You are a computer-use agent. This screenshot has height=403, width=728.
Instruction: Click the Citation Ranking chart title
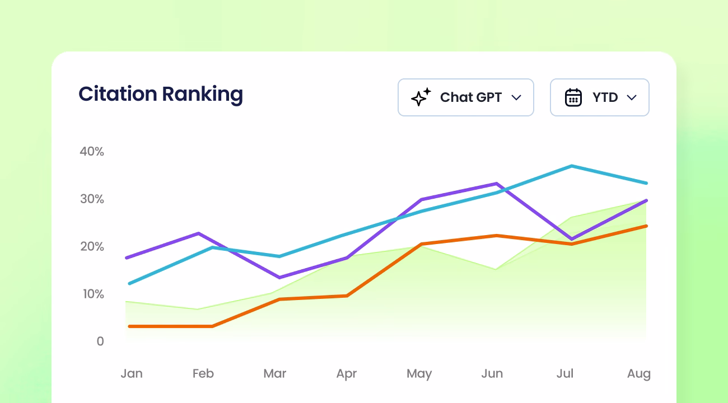click(161, 94)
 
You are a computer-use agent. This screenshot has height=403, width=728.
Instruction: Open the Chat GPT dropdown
click(465, 97)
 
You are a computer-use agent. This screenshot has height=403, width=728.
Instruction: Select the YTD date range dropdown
click(599, 97)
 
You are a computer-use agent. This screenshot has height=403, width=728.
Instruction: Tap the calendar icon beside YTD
click(573, 97)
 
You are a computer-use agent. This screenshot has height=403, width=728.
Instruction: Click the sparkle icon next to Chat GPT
click(421, 97)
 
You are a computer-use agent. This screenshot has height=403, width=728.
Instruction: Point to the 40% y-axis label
click(92, 151)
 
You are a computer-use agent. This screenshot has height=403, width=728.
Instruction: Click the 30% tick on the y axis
click(92, 199)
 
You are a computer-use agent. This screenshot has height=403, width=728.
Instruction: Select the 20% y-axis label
click(92, 246)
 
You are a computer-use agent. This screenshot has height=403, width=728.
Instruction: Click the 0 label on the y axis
click(100, 341)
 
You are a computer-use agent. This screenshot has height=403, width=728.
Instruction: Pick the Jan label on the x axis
click(132, 373)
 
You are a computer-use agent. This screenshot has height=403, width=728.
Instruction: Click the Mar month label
click(275, 373)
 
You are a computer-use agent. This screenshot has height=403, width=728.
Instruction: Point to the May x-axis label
click(419, 373)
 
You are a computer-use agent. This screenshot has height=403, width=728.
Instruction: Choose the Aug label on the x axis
click(639, 373)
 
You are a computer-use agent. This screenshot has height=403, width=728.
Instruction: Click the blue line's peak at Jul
click(572, 166)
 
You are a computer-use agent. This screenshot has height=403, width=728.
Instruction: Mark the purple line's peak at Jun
click(496, 184)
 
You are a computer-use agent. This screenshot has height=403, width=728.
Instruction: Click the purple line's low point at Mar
click(279, 277)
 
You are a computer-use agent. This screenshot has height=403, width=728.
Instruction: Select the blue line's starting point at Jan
click(129, 283)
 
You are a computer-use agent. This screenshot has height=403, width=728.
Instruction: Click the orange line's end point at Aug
click(646, 226)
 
